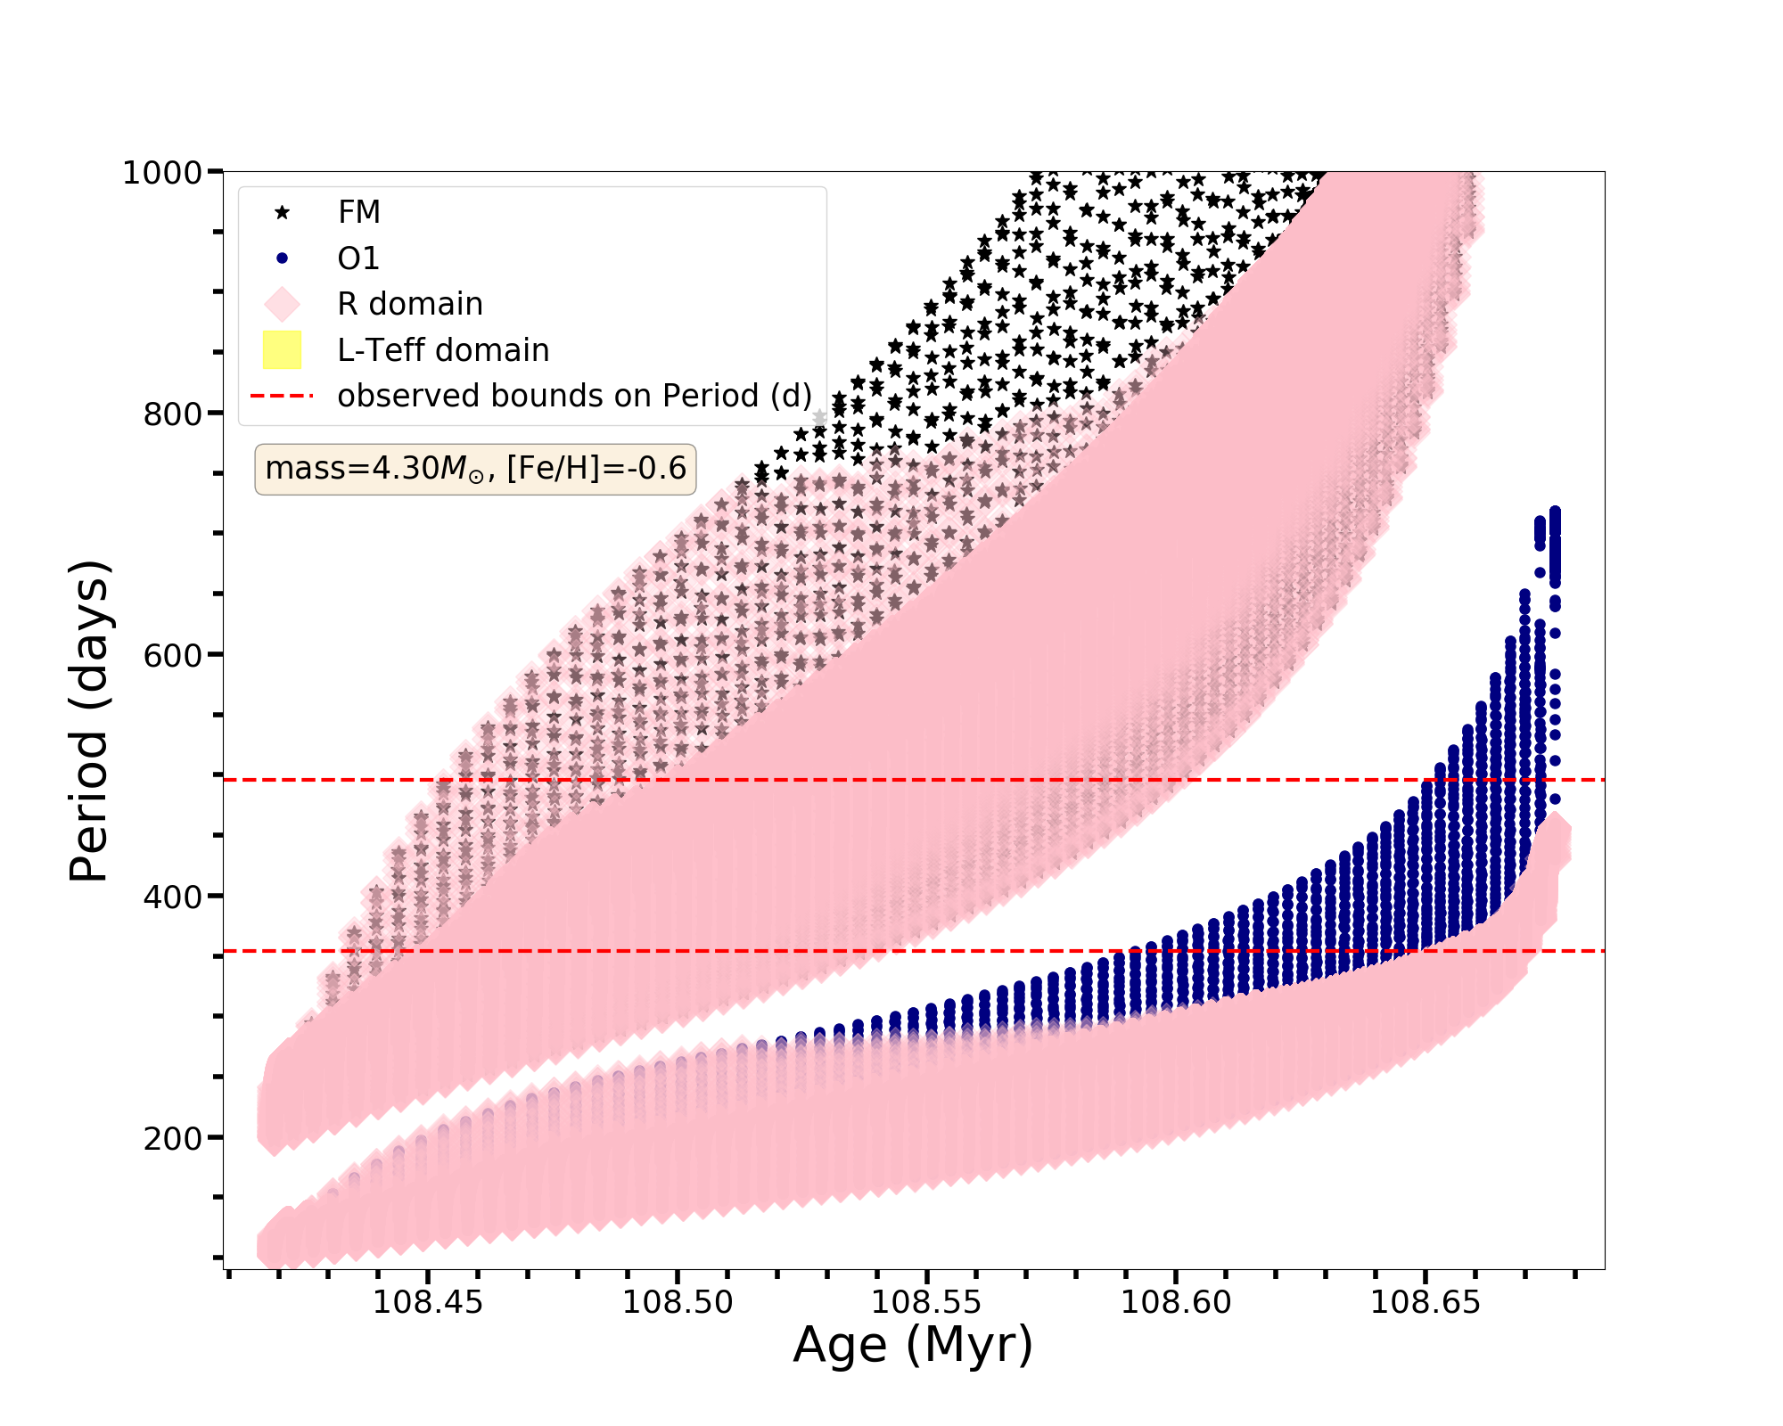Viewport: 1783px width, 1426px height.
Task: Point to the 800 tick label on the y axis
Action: coord(172,414)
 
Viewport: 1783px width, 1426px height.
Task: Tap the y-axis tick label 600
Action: coord(172,655)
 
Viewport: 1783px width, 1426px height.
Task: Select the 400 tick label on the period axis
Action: coord(172,897)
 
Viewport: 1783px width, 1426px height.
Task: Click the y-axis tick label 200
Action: coord(172,1138)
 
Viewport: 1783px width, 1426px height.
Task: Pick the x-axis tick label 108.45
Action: coord(428,1302)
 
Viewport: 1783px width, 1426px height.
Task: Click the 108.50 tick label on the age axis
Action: coord(678,1302)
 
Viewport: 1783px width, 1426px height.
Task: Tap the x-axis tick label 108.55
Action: coord(926,1302)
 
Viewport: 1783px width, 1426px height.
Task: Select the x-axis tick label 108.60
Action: coord(1175,1302)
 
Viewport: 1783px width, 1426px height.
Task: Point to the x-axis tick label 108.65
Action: coord(1425,1302)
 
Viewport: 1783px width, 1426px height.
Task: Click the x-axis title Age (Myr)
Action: coord(913,1345)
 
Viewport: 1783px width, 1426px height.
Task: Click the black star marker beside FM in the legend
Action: coord(282,212)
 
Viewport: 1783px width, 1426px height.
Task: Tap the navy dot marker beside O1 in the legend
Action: coord(282,258)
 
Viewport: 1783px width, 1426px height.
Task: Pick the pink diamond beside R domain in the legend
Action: coord(282,304)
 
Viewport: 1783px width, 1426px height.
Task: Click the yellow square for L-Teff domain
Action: coord(282,350)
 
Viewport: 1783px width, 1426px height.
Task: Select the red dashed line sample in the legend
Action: coord(282,396)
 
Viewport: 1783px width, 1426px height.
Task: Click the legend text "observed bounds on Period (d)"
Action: coord(574,396)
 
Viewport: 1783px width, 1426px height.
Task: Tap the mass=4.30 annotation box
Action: coord(475,468)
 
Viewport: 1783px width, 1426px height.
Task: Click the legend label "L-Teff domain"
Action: coord(443,350)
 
